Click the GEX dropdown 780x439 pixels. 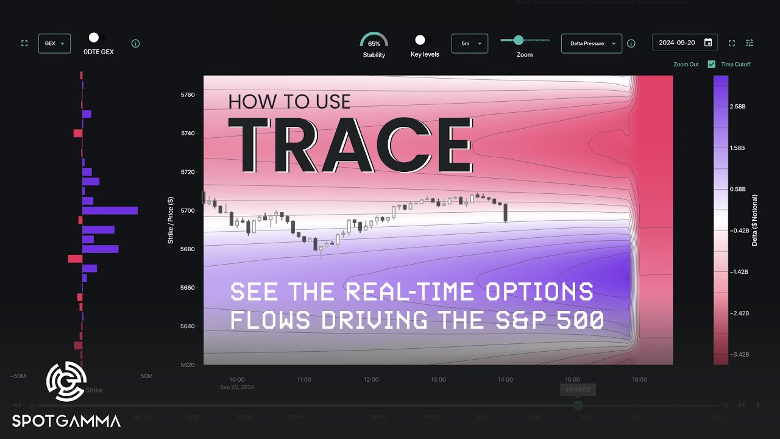[x=54, y=44]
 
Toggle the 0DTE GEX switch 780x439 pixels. [x=94, y=38]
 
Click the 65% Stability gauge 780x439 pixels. [x=374, y=43]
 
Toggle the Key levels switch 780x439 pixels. [x=420, y=40]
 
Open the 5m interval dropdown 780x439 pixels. [x=469, y=44]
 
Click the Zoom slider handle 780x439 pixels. [x=519, y=40]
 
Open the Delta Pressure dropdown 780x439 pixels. [x=591, y=44]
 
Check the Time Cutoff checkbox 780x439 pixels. [x=711, y=64]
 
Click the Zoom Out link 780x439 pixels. [x=686, y=64]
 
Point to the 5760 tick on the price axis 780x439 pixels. [x=187, y=95]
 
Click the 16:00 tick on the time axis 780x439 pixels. [x=639, y=379]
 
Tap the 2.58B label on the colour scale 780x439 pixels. [x=737, y=107]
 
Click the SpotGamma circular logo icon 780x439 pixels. [x=66, y=382]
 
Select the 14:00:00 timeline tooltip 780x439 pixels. [x=578, y=389]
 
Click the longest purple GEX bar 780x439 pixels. [x=110, y=210]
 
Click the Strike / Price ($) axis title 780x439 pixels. [x=171, y=220]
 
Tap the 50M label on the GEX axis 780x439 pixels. [x=146, y=376]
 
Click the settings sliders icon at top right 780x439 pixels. [x=750, y=43]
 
